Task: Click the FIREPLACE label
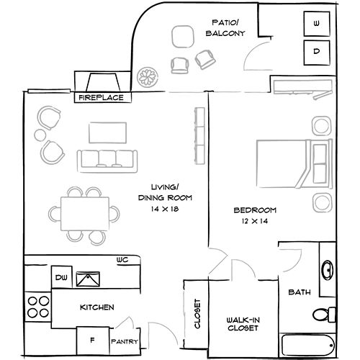click(x=101, y=96)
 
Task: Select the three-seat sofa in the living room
click(x=107, y=160)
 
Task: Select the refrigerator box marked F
click(x=92, y=339)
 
